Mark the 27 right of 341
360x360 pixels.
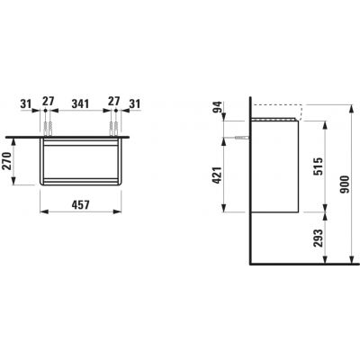tap(113, 103)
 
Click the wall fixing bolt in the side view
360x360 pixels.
tap(239, 139)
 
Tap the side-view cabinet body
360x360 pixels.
tap(275, 166)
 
